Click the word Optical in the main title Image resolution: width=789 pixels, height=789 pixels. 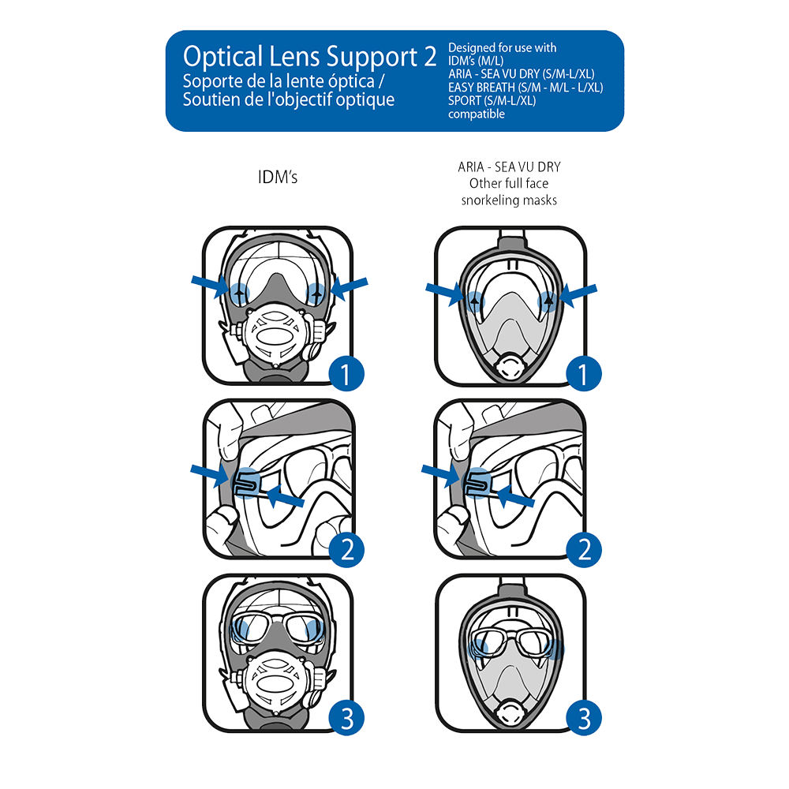(219, 57)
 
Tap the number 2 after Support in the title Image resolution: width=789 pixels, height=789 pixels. (427, 57)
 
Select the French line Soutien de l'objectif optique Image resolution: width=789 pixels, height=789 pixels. (288, 100)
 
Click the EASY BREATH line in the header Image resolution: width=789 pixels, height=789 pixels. (525, 88)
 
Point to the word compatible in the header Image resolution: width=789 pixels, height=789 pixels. (476, 114)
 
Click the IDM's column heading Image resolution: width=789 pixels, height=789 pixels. (278, 178)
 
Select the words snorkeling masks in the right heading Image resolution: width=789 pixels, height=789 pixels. (509, 200)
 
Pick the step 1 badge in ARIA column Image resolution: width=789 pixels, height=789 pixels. (584, 374)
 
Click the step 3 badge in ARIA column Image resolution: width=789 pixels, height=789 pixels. (584, 719)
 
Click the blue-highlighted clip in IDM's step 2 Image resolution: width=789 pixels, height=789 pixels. (247, 481)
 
